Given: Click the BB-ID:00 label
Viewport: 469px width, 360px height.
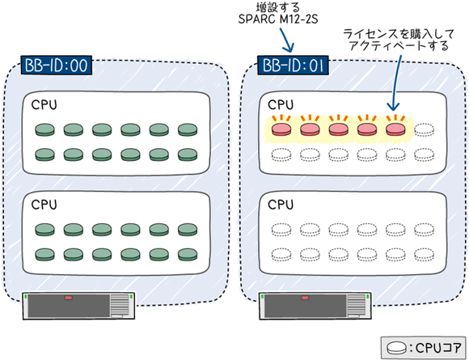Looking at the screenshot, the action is (x=57, y=66).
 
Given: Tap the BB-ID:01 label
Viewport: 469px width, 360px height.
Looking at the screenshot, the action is (x=293, y=66).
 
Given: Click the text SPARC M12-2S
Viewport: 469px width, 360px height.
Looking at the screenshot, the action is (x=278, y=19).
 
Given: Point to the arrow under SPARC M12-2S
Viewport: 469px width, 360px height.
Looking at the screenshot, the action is (x=286, y=40).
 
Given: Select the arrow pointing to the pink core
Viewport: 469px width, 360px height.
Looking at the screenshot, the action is (x=396, y=83).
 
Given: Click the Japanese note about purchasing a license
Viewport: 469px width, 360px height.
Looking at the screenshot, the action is (x=398, y=40).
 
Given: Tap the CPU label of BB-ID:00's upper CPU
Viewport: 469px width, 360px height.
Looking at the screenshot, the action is (x=44, y=104).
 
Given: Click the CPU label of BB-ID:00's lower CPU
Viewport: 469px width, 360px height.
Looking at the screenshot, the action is (x=44, y=205).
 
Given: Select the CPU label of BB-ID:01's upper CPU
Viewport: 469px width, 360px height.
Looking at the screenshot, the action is (x=281, y=104).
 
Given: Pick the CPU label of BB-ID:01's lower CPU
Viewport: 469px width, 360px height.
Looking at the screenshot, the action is (x=281, y=205).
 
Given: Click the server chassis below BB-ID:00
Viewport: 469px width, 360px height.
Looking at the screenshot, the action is (x=78, y=306).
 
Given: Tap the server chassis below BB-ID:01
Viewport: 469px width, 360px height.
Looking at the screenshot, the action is (x=315, y=306).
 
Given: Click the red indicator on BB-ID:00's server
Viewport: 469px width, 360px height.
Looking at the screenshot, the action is (x=69, y=298).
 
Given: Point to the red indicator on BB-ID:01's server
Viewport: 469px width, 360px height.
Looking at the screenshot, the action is (x=305, y=298).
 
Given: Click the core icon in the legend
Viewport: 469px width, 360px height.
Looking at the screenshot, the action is (x=396, y=348).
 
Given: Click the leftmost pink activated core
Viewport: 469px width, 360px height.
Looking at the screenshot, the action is (x=281, y=129).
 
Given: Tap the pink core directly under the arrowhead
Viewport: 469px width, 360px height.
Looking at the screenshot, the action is (x=395, y=129).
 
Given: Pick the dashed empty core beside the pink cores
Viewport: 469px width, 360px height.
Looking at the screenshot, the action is (x=425, y=130).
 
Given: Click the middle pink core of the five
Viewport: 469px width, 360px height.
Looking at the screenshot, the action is (x=338, y=129).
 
